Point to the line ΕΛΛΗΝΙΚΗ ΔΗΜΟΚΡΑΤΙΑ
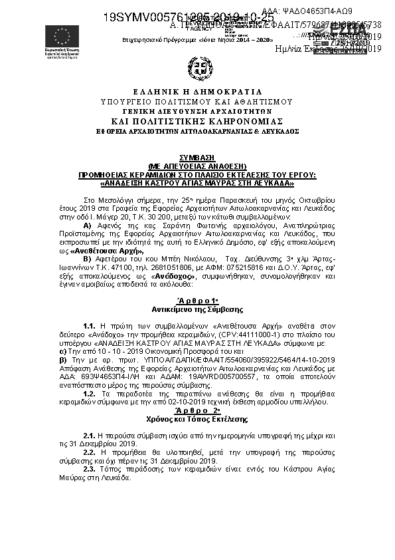[197, 92]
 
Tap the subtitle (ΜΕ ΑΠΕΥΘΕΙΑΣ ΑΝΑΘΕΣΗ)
[197, 166]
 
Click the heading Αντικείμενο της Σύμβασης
[197, 309]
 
